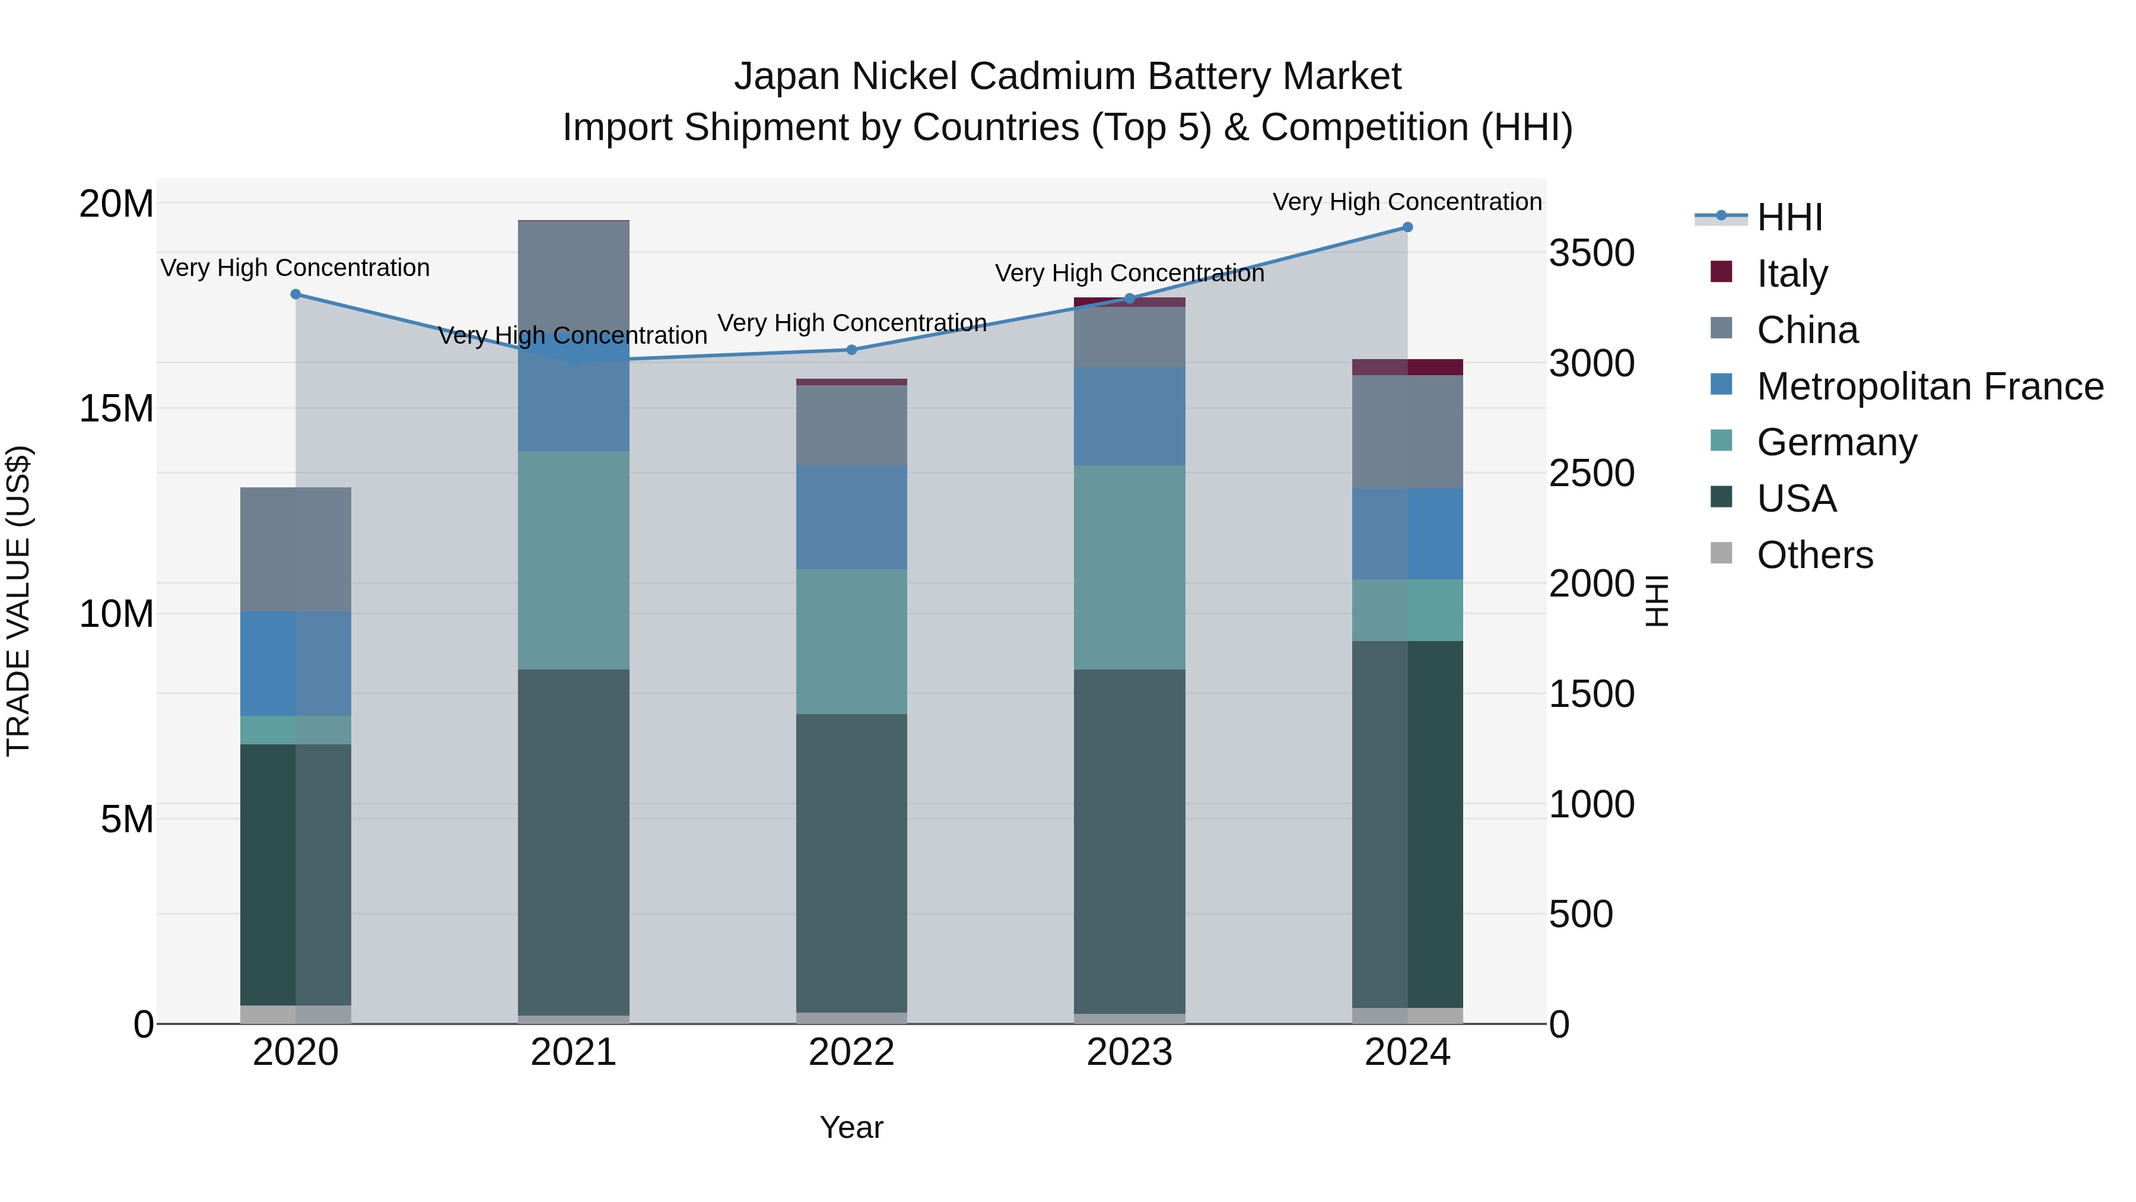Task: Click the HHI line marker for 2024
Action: (x=1407, y=227)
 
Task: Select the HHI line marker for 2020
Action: (x=296, y=294)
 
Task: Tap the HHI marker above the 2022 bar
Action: (x=851, y=350)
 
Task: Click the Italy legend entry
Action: (x=1791, y=274)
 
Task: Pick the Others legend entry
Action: (x=1814, y=555)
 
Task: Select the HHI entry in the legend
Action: (x=1789, y=217)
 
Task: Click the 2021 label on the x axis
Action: (x=573, y=1052)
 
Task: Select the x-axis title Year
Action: (x=851, y=1127)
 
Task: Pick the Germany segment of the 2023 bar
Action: (x=1129, y=567)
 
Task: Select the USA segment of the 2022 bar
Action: (x=851, y=862)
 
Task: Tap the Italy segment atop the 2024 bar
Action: (x=1407, y=367)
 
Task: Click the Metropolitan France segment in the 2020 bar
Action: (x=296, y=664)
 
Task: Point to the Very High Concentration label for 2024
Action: (x=1407, y=202)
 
